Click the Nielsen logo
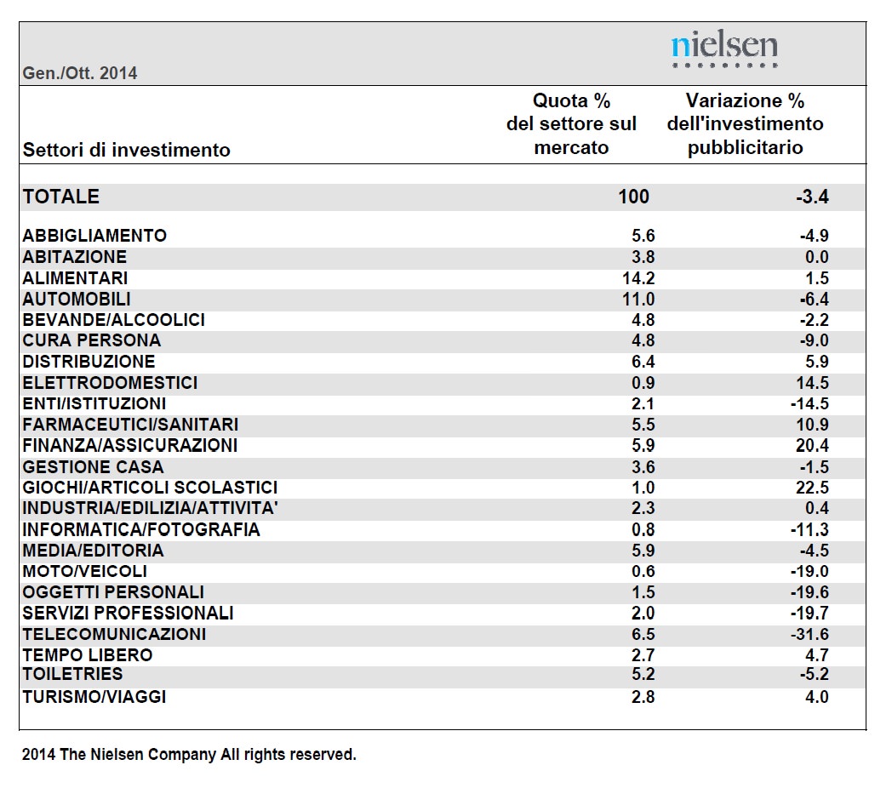(x=724, y=49)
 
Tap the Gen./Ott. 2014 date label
(x=80, y=73)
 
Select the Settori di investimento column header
(x=126, y=151)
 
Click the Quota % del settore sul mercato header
(x=571, y=124)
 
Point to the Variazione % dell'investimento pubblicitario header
(x=746, y=124)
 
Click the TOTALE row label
(x=61, y=197)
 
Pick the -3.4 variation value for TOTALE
(x=812, y=197)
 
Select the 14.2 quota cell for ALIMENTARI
(x=638, y=278)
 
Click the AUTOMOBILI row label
(x=77, y=300)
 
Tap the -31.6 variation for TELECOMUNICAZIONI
(x=809, y=634)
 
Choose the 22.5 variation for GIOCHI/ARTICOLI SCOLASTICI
(x=812, y=488)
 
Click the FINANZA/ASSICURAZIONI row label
(x=129, y=446)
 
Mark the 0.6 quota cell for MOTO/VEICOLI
(x=643, y=571)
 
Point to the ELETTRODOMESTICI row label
(x=110, y=383)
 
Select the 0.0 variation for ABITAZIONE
(x=817, y=257)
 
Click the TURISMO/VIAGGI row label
(x=94, y=697)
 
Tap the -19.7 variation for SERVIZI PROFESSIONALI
(x=809, y=614)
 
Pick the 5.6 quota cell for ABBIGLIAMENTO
(x=643, y=236)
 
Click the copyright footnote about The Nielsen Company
(x=189, y=755)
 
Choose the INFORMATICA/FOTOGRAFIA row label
(x=141, y=529)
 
